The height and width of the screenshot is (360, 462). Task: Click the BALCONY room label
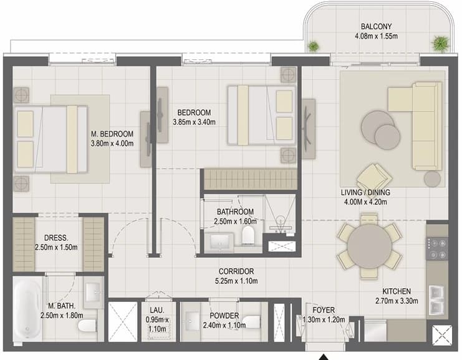click(376, 26)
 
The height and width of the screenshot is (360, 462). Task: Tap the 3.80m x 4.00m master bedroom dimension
click(112, 144)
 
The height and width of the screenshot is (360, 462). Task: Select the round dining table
click(370, 246)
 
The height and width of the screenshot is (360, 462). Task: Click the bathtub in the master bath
click(27, 309)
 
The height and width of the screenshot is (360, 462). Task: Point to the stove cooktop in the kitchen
click(437, 249)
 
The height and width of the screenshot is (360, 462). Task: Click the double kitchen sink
click(438, 300)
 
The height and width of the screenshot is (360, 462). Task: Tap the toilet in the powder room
click(252, 323)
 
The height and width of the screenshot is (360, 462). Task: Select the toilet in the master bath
click(88, 326)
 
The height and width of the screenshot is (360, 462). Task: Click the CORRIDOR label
click(236, 271)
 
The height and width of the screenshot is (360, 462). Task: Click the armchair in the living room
click(374, 177)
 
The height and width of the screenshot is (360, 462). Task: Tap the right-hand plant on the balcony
click(440, 43)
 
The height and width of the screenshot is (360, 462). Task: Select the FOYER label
click(324, 310)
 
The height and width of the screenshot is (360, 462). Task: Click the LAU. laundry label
click(156, 310)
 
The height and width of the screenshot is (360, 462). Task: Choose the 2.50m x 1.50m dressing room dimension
click(56, 247)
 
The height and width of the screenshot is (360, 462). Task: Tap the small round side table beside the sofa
click(432, 178)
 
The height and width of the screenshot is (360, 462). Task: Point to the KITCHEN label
click(397, 291)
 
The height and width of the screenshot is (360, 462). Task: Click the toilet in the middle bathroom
click(248, 235)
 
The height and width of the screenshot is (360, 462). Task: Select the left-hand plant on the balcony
click(313, 46)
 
